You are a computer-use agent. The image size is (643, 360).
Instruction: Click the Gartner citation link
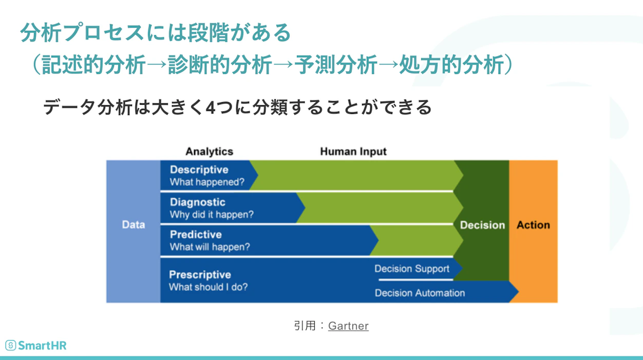coord(348,326)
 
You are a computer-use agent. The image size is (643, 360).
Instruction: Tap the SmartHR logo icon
coord(10,345)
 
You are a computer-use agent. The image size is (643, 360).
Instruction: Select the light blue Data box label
coord(133,225)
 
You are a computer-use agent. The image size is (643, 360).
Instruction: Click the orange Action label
coord(533,225)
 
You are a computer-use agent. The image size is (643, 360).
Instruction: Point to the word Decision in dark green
coord(482,225)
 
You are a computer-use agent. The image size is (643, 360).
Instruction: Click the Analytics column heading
coord(209,151)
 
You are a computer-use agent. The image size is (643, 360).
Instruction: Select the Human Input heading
coord(353,151)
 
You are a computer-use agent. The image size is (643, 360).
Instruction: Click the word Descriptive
coord(199,169)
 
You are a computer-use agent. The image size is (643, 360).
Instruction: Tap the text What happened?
coord(207,182)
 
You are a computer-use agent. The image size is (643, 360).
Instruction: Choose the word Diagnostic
coord(197,202)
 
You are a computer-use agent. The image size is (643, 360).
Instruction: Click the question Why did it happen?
coord(212,215)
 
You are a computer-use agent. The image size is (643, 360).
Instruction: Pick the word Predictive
coord(196,234)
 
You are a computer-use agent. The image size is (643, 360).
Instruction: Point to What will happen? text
coord(210,247)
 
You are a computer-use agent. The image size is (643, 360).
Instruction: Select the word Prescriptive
coord(200,274)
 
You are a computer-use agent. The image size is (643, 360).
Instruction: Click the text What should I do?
coord(208,287)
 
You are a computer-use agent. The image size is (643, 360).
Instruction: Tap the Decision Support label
coord(411,269)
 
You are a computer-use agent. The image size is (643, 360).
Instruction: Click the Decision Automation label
coord(420,293)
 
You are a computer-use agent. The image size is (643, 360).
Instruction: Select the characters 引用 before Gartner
coord(305,326)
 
